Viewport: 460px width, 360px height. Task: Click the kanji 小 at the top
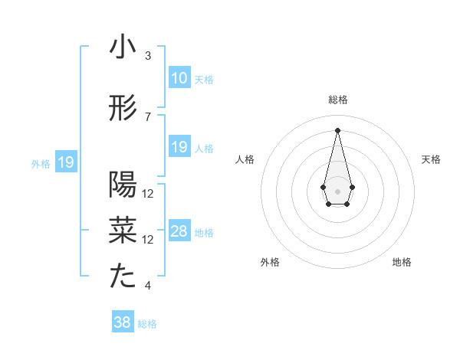[123, 47]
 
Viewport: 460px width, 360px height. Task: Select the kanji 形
[123, 109]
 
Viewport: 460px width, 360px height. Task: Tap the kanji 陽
[123, 185]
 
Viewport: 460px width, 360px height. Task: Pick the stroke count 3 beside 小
[148, 56]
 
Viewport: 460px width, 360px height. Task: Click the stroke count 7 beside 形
[148, 117]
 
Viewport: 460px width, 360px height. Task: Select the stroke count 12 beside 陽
[148, 194]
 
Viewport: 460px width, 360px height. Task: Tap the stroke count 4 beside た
[148, 286]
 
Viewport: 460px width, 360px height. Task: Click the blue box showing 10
[179, 78]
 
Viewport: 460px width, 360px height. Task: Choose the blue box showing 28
[179, 231]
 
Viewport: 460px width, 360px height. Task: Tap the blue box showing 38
[122, 322]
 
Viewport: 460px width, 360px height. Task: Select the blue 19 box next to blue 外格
[65, 162]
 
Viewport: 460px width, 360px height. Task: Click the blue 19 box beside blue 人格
[179, 147]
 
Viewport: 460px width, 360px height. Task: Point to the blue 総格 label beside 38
[147, 324]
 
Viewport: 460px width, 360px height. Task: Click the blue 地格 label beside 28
[204, 233]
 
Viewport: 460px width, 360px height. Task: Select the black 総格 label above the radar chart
[337, 100]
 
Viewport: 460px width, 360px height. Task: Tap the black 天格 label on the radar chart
[432, 159]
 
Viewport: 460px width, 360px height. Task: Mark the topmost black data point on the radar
[337, 129]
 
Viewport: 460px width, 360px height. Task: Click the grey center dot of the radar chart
[337, 190]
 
